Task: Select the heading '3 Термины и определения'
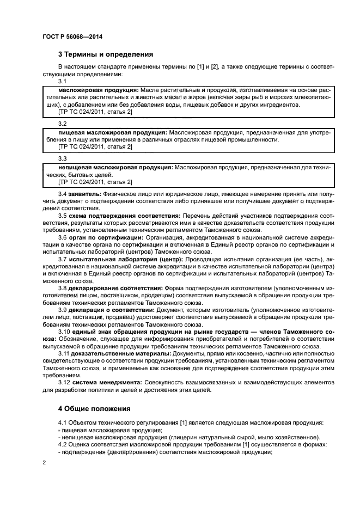105,54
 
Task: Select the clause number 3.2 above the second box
63,124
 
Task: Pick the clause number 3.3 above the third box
63,158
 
